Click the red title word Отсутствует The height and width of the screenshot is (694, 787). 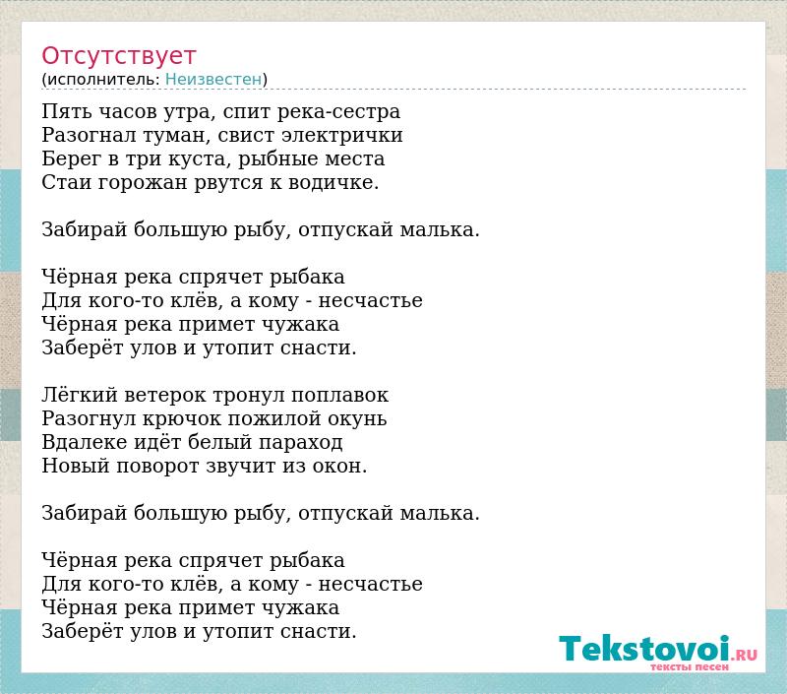click(x=118, y=56)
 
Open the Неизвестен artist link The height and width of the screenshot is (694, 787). click(x=213, y=79)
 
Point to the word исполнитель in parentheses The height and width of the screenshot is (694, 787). click(x=103, y=80)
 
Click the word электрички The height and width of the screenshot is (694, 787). click(x=342, y=136)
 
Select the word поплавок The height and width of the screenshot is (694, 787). click(x=339, y=396)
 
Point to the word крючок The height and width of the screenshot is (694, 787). click(x=183, y=418)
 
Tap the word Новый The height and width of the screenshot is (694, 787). click(x=76, y=466)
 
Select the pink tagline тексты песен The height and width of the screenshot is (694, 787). click(x=690, y=666)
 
